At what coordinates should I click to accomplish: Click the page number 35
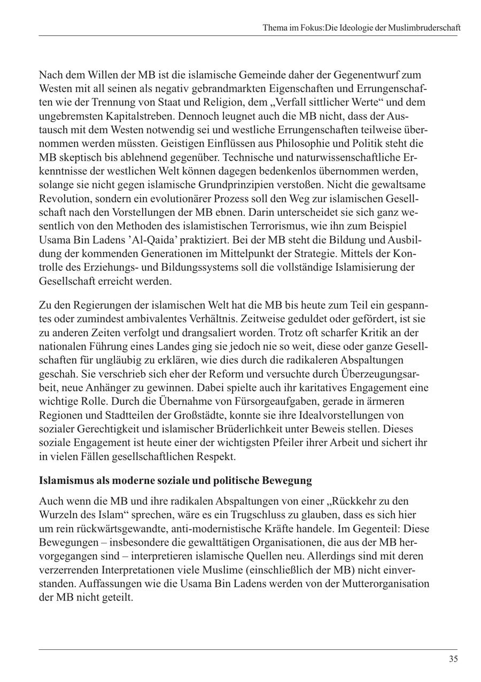click(453, 659)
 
